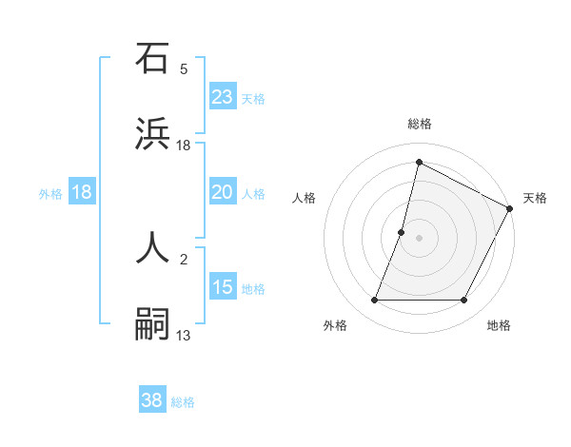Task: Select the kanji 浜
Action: pos(153,132)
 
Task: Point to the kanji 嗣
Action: pos(153,322)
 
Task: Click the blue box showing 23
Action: pos(223,96)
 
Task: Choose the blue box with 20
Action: pos(223,192)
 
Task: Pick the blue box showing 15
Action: pos(223,287)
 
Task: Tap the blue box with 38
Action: pos(152,400)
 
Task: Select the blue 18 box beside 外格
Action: pos(82,192)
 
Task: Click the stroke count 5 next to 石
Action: pos(184,69)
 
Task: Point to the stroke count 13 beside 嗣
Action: pos(184,335)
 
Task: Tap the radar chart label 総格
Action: pos(420,124)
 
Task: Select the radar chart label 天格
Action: pos(535,198)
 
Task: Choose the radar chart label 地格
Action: pos(499,326)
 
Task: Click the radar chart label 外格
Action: pos(335,326)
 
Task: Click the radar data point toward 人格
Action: pos(402,232)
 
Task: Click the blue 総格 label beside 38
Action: pos(183,402)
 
